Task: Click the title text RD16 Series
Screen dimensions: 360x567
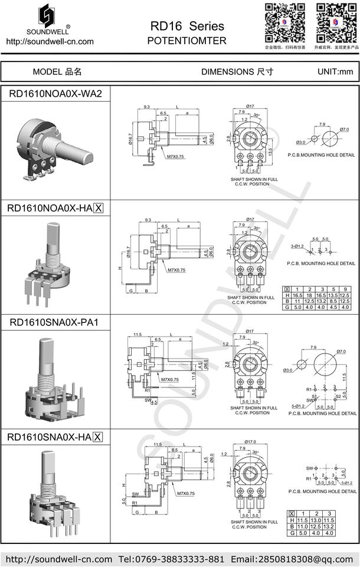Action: click(187, 27)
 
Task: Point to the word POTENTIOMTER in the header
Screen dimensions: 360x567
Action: click(186, 41)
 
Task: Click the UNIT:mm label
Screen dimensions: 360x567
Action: click(335, 72)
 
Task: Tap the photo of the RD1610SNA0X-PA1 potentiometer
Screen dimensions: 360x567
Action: click(55, 378)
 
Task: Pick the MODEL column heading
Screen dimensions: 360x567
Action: click(57, 72)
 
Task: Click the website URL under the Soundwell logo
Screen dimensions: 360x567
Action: click(50, 41)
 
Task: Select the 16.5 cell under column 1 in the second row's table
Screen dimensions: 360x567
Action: click(297, 295)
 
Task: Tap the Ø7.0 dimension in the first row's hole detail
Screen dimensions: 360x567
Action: click(344, 129)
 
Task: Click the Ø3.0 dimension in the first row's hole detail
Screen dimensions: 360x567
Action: click(300, 142)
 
